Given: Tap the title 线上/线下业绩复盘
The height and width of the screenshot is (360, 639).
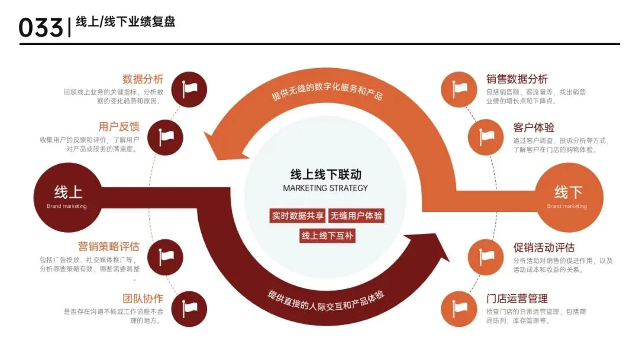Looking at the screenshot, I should point(125,22).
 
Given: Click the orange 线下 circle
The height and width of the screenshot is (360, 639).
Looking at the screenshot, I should point(568,197).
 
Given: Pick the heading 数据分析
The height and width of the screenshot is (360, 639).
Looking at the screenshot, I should point(143,79).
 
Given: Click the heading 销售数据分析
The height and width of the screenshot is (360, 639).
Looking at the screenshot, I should point(517,79).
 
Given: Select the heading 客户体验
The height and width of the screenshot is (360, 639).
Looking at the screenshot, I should point(533,127).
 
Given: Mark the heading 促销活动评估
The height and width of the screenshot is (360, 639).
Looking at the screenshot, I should point(543,247).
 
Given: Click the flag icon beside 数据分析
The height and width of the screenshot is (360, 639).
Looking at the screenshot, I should point(189,89).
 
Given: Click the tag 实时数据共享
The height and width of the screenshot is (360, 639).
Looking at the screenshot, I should point(298,216).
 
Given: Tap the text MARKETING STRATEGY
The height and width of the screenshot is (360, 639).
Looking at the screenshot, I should point(325,188).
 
